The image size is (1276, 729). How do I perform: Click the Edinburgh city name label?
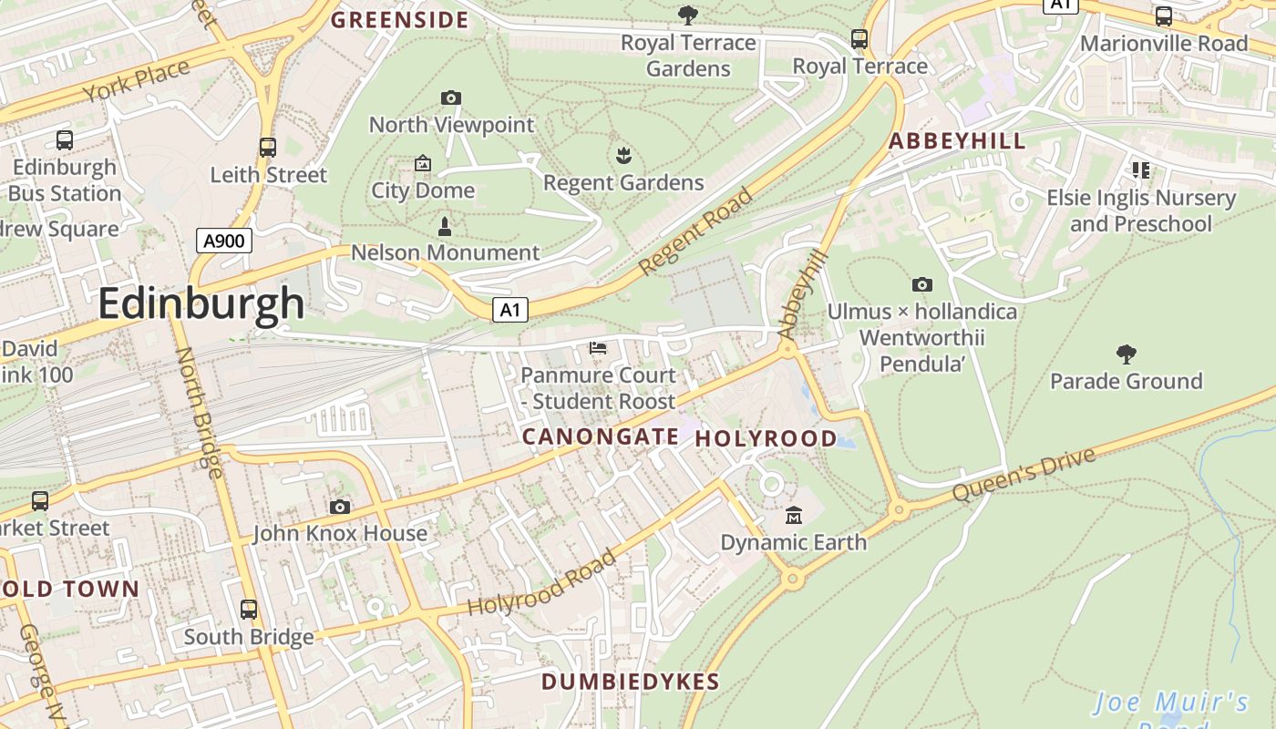201,303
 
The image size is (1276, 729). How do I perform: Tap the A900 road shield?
223,241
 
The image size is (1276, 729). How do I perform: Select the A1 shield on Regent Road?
510,310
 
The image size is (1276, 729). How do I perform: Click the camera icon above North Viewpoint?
450,98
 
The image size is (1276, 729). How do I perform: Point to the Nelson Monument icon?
445,226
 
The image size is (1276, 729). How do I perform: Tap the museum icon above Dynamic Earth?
793,516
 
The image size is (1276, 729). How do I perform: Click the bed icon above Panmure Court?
598,348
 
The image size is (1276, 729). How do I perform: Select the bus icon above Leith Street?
267,148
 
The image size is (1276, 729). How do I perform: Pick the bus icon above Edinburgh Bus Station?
65,140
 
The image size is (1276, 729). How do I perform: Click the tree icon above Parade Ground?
1126,354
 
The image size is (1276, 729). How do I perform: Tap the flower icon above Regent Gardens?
623,156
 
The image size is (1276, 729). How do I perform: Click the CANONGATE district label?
600,437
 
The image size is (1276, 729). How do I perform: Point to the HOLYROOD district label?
766,438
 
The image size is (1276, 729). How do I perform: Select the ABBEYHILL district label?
957,141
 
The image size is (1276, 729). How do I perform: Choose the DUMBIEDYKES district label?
630,682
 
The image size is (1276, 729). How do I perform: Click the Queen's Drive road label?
1024,474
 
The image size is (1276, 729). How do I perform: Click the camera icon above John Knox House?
340,507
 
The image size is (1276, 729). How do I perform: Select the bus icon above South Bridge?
249,610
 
